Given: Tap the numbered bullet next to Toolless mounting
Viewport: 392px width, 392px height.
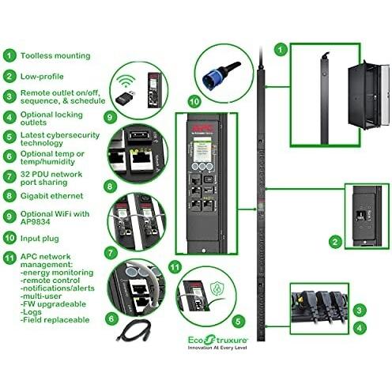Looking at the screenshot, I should coord(9,56).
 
